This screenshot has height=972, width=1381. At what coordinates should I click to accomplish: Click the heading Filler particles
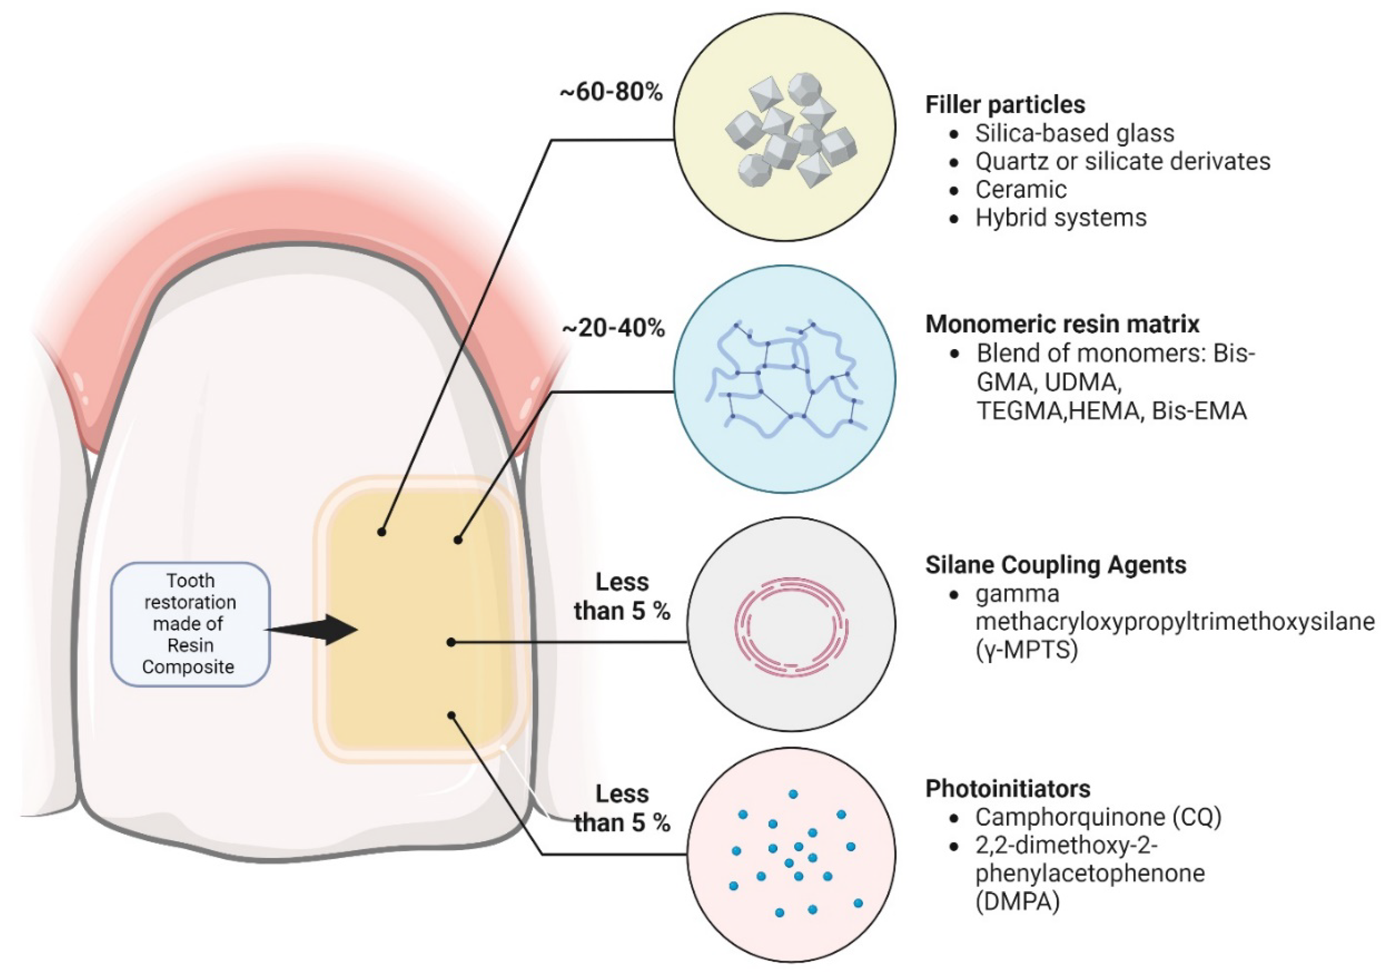[x=1005, y=105]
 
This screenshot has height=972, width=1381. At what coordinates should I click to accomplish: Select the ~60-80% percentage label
[x=611, y=93]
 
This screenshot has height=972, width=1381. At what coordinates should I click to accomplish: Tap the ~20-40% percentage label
[x=614, y=328]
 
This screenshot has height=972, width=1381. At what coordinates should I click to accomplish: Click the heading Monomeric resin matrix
[x=1062, y=324]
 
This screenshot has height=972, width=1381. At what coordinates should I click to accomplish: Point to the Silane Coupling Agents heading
[x=1056, y=565]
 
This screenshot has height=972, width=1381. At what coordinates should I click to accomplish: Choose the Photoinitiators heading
[x=1000, y=788]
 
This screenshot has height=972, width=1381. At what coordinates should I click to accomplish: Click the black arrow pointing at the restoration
[x=311, y=630]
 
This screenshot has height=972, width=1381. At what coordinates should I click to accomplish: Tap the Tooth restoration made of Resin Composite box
[x=190, y=624]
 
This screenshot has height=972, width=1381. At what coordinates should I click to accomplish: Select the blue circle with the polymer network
[x=784, y=379]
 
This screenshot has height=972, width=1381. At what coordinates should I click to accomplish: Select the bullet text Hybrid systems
[x=1061, y=218]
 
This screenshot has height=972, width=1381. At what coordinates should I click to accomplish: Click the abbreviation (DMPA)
[x=1017, y=901]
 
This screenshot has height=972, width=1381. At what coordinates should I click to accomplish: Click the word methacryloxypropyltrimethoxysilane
[x=1175, y=622]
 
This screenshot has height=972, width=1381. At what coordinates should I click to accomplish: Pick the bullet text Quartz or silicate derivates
[x=1123, y=161]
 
